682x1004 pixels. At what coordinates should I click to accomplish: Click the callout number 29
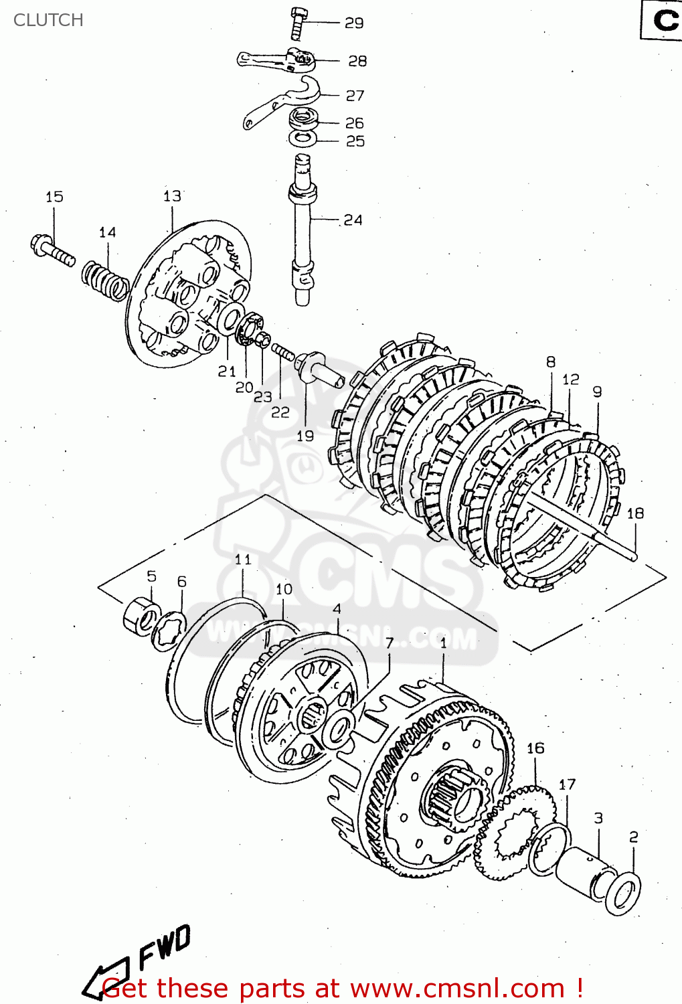click(x=353, y=23)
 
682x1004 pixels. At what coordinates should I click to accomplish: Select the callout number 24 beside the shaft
click(x=352, y=220)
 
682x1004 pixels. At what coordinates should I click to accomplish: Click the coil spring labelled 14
click(x=105, y=280)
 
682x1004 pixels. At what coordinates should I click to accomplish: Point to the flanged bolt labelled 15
click(x=52, y=250)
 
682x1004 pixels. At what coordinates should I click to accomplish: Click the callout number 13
click(x=172, y=195)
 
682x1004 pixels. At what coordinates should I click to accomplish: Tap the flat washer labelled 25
click(x=303, y=139)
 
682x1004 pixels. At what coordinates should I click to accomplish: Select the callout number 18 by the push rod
click(x=634, y=513)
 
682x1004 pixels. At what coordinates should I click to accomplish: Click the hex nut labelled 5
click(x=141, y=616)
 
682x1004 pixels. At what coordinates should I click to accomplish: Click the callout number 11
click(x=243, y=559)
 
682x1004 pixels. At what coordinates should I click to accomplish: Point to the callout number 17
click(x=567, y=784)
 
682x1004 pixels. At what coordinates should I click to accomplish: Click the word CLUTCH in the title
click(x=48, y=20)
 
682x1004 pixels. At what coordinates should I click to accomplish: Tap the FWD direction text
click(x=164, y=946)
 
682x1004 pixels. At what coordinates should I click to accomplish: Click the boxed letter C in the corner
click(x=664, y=21)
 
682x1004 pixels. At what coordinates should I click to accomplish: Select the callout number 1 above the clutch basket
click(x=443, y=643)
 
